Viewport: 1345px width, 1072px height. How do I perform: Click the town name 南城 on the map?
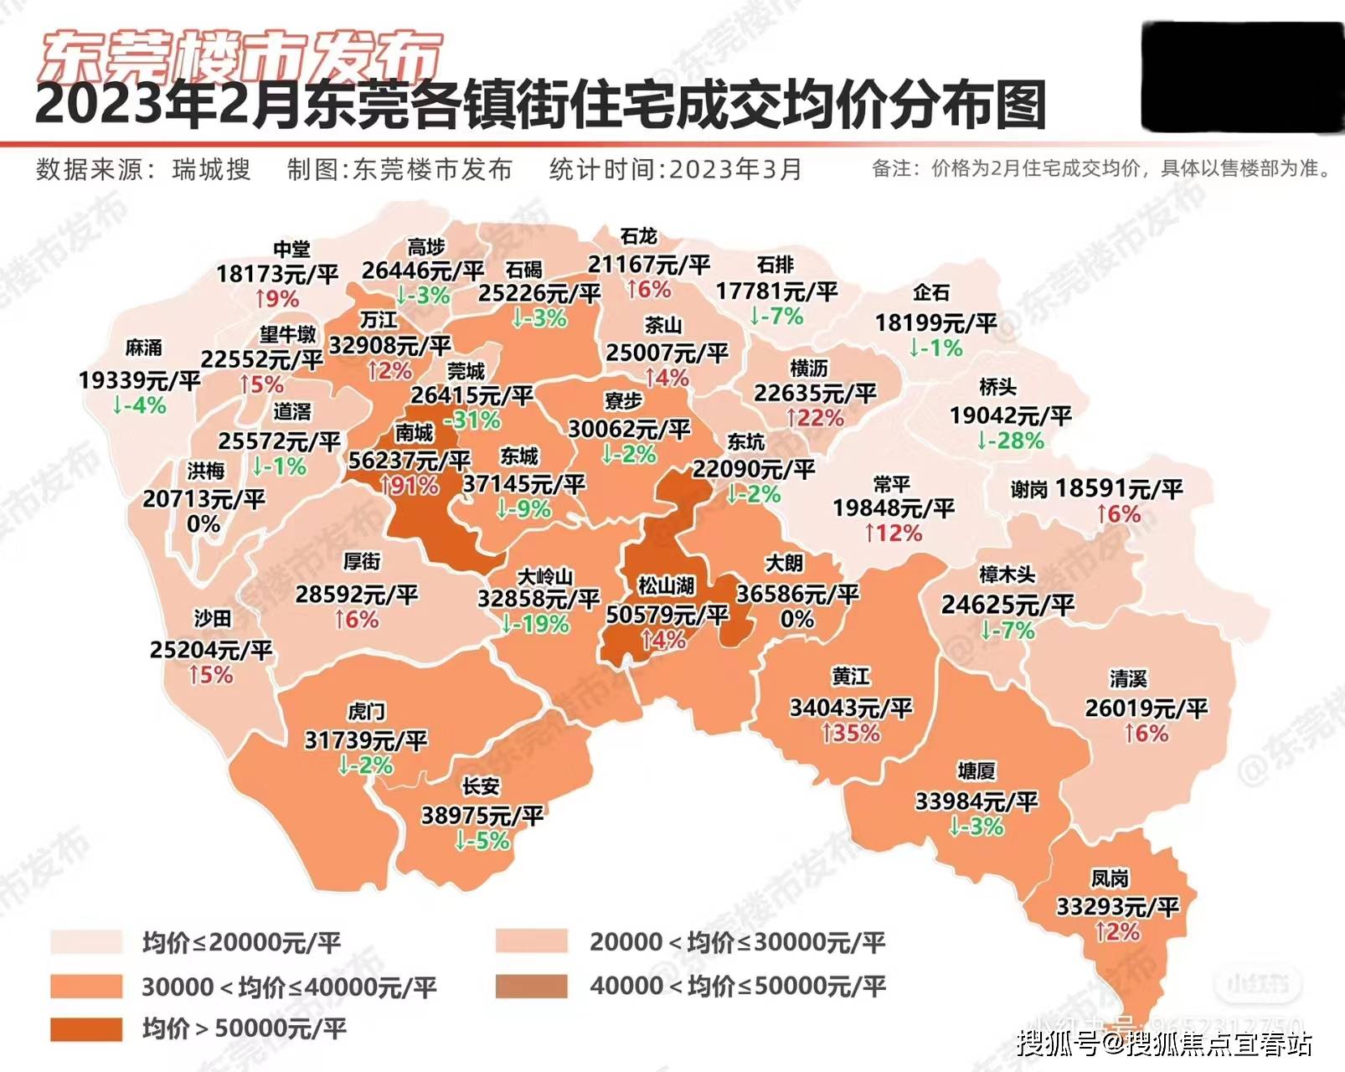(x=415, y=432)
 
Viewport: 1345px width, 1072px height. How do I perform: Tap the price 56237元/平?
(x=409, y=460)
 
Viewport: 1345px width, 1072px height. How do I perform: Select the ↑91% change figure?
(x=409, y=486)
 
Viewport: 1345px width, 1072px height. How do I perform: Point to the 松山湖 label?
(x=667, y=585)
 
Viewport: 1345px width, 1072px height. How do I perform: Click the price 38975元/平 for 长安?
(x=482, y=814)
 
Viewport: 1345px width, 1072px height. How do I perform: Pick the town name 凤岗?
(x=1110, y=879)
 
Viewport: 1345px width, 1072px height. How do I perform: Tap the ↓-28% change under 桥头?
(x=1010, y=441)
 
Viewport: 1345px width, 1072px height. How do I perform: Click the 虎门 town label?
(x=367, y=712)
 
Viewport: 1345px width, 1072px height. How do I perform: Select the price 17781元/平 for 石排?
(x=776, y=291)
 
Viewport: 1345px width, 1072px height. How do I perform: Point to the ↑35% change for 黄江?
(x=850, y=734)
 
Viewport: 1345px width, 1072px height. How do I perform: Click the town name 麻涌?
(x=144, y=347)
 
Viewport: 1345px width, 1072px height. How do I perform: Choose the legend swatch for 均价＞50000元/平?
(x=85, y=1029)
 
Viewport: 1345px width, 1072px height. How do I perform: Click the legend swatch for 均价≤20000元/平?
(x=85, y=942)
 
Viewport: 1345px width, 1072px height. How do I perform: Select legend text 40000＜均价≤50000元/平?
(x=737, y=986)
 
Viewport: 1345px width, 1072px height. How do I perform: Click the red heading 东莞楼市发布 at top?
(x=240, y=56)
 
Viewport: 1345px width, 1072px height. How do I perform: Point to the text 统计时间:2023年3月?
(x=676, y=169)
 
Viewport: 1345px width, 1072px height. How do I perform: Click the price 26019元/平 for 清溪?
(x=1146, y=709)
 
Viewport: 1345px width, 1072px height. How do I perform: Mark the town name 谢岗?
(x=1028, y=490)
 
